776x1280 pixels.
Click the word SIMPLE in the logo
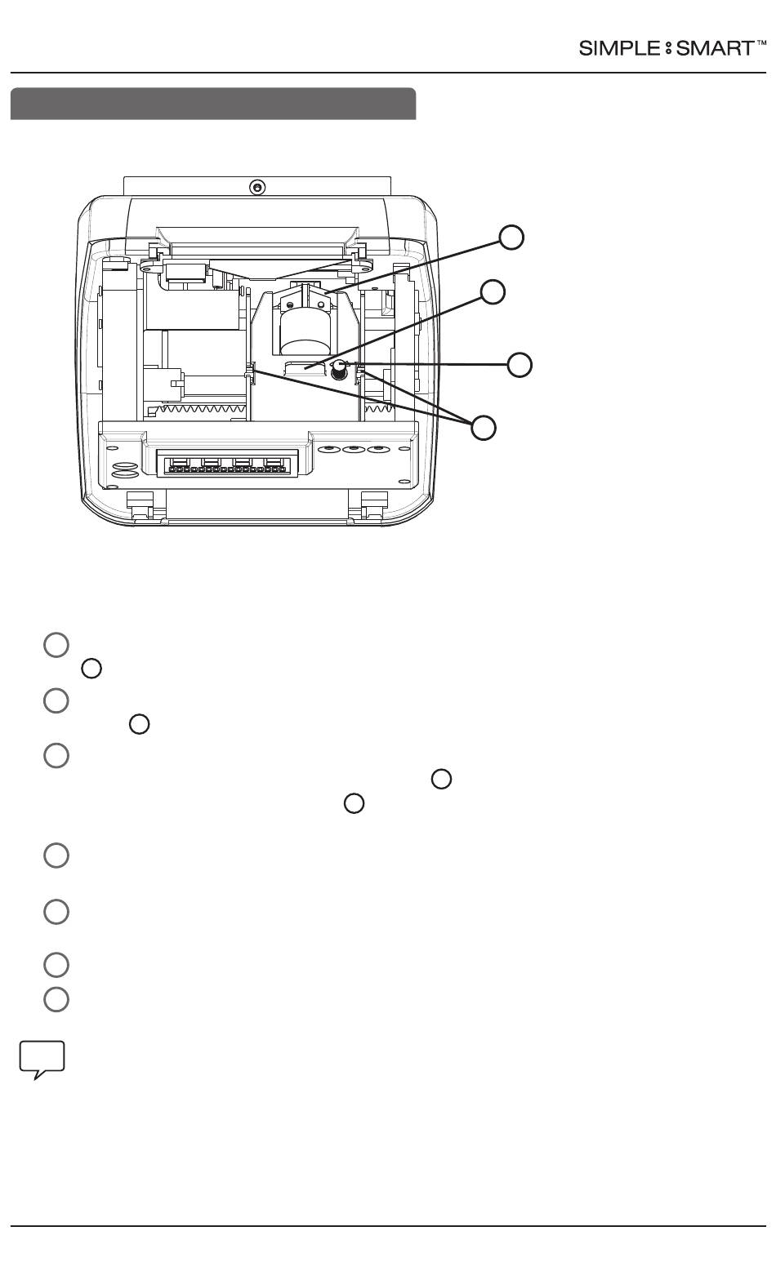click(x=620, y=48)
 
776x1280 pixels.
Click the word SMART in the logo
click(x=715, y=48)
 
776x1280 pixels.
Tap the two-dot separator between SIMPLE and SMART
click(x=668, y=48)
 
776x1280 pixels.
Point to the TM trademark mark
click(x=761, y=42)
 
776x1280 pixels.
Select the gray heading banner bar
click(x=212, y=104)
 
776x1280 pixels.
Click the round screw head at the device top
click(x=257, y=187)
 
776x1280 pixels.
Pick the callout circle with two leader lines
click(x=484, y=428)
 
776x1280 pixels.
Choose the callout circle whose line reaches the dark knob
click(x=520, y=365)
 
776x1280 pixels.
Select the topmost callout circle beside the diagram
click(x=511, y=237)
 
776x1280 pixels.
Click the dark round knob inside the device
click(x=338, y=372)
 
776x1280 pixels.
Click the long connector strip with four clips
click(x=227, y=462)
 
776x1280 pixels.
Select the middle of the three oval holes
click(x=354, y=449)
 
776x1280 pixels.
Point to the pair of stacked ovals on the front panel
click(x=125, y=469)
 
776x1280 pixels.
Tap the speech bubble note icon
click(x=42, y=1060)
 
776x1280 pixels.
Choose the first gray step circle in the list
click(x=56, y=645)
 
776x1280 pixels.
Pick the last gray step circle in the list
click(x=56, y=999)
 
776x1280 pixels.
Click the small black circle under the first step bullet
click(x=91, y=668)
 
